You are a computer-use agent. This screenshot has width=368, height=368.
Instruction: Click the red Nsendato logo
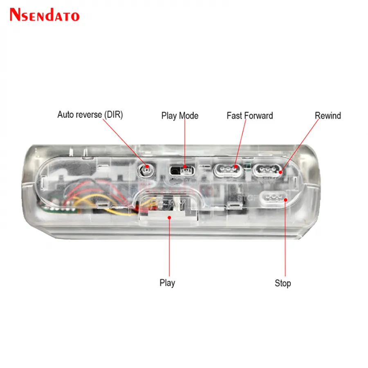[x=45, y=15]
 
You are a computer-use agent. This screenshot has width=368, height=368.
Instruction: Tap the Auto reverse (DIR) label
[x=90, y=115]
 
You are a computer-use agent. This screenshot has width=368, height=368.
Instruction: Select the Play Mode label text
[x=180, y=116]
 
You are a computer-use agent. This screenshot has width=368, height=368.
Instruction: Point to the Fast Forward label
[x=250, y=116]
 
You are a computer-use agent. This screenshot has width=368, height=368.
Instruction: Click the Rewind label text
[x=328, y=116]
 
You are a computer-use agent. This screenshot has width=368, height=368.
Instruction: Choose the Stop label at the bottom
[x=283, y=283]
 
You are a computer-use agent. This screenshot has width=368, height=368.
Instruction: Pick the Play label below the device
[x=167, y=283]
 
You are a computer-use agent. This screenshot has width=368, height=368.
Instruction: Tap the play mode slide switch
[x=182, y=171]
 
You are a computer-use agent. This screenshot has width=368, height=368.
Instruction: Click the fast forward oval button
[x=228, y=171]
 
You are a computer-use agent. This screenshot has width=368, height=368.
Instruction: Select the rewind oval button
[x=267, y=170]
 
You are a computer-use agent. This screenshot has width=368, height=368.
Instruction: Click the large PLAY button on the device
[x=169, y=208]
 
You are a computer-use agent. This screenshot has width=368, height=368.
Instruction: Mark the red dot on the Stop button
[x=285, y=200]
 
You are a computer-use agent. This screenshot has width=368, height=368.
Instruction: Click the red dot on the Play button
[x=169, y=218]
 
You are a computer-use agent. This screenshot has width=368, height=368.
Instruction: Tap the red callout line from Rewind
[x=300, y=146]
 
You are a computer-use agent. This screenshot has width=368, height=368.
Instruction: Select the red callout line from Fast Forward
[x=241, y=143]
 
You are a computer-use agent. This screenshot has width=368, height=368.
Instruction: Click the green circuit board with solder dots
[x=60, y=209]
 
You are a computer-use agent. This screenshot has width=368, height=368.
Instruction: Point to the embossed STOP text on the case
[x=247, y=198]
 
